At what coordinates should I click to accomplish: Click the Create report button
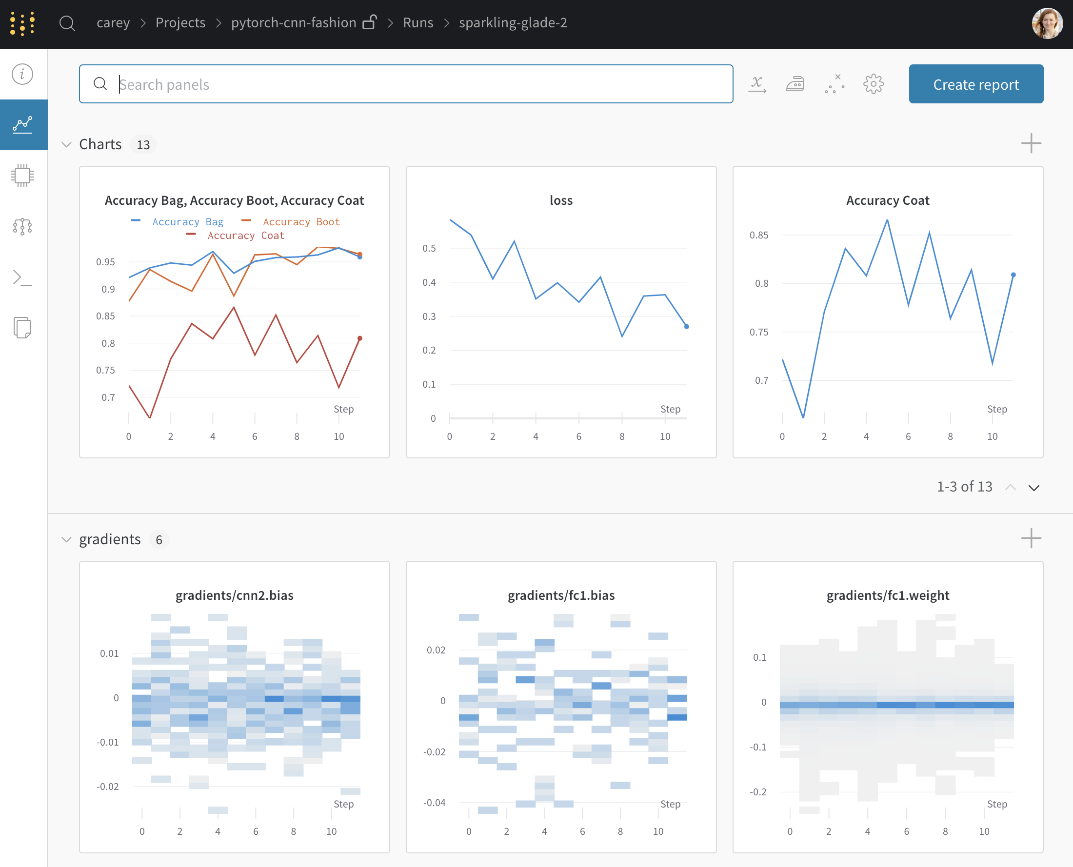(x=975, y=84)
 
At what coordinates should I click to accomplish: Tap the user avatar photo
(x=1047, y=23)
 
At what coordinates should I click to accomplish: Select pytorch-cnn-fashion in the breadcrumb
(x=294, y=23)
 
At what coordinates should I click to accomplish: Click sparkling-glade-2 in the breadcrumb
(x=513, y=23)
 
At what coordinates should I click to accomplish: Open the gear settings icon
(x=873, y=84)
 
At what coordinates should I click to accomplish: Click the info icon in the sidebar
(x=22, y=75)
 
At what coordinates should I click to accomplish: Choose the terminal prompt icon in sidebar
(x=22, y=277)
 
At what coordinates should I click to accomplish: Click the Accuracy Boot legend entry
(x=301, y=222)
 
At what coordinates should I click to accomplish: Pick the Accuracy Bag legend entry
(x=187, y=222)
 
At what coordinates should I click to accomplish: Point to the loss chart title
(x=561, y=201)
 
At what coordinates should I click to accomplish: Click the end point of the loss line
(x=686, y=327)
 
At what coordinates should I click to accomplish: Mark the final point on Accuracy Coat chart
(x=1013, y=275)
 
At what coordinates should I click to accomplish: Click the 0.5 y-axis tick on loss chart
(x=429, y=248)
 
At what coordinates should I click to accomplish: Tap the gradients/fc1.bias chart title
(x=561, y=595)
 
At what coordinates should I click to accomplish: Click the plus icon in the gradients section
(x=1031, y=538)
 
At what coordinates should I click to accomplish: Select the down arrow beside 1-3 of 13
(x=1033, y=488)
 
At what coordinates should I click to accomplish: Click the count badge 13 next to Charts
(x=143, y=145)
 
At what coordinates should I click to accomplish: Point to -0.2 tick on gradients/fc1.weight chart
(x=758, y=792)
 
